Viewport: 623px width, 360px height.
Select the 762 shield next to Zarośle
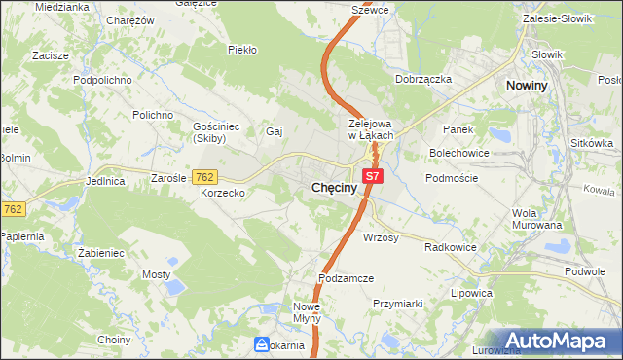pos(204,177)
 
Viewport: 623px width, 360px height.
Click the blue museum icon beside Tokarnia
pos(262,344)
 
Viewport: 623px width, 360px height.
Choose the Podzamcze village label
pos(348,278)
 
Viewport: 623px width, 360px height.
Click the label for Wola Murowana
pos(537,219)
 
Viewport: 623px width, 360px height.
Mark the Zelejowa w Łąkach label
pos(370,129)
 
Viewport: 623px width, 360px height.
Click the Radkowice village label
pos(450,247)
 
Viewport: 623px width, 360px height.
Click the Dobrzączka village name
pos(423,79)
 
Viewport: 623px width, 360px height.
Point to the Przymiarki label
pos(397,304)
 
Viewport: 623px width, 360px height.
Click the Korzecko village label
pos(223,194)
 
